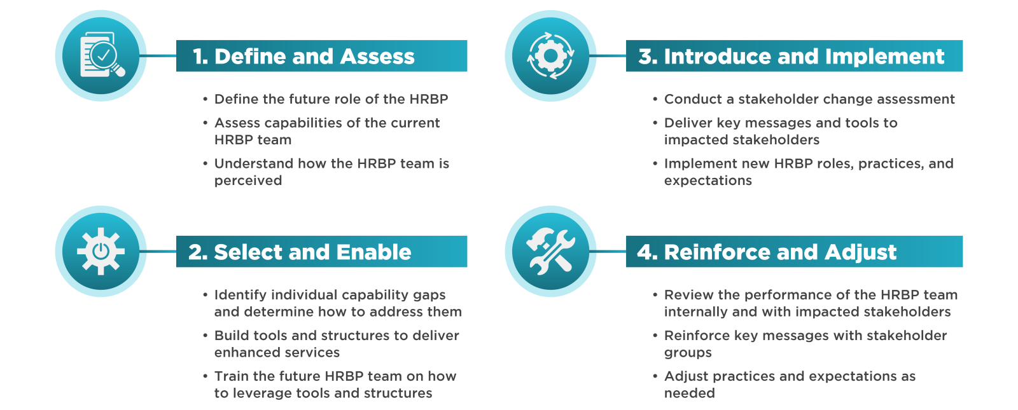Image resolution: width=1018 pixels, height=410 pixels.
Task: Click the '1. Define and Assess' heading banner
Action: coord(321,56)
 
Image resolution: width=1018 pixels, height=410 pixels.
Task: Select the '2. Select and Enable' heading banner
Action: coord(321,252)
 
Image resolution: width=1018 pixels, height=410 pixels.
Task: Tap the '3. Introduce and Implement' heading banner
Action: coord(794,56)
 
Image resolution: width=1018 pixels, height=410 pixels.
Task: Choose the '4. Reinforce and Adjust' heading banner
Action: coord(794,252)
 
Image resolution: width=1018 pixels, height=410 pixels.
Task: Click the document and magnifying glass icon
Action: coord(101,55)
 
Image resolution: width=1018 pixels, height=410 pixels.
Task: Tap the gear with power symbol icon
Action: coord(101,251)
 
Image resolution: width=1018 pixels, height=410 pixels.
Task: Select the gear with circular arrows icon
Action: coord(550,56)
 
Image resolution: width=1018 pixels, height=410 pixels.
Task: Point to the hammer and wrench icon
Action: coord(550,251)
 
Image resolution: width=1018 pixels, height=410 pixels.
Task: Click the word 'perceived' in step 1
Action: coord(248,181)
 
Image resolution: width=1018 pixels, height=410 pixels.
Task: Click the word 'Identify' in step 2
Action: coord(241,295)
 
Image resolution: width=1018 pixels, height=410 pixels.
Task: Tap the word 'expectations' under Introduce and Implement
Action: coord(708,181)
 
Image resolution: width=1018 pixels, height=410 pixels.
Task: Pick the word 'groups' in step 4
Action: coord(688,353)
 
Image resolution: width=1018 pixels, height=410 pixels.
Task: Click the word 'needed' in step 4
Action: coord(690,393)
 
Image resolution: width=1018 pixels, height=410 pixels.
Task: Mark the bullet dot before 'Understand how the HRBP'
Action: coord(206,163)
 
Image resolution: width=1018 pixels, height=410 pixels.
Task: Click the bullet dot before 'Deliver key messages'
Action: coord(655,123)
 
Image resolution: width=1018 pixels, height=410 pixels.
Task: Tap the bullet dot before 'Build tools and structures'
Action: coord(206,336)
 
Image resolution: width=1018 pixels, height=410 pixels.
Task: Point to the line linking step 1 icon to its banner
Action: coord(158,56)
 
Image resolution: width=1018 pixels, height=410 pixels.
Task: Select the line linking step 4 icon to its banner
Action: coord(608,251)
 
